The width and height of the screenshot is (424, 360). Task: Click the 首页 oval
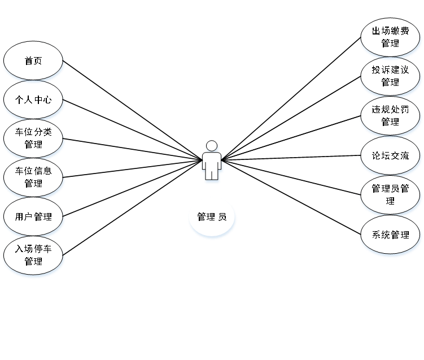(x=33, y=60)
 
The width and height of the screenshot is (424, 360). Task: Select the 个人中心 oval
(x=33, y=99)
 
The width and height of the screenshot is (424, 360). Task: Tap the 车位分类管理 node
(x=33, y=138)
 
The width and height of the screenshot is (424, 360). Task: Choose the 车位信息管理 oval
(x=33, y=177)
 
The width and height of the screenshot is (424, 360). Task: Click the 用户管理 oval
(x=33, y=216)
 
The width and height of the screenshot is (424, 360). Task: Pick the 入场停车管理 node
(x=33, y=255)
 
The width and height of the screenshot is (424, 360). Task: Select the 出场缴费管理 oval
(x=390, y=37)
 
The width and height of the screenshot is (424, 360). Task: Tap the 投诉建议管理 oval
(x=390, y=76)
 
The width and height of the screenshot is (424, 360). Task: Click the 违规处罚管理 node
(x=390, y=115)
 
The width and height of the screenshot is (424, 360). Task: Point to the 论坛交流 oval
(x=390, y=155)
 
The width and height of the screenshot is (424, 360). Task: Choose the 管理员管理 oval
(x=390, y=194)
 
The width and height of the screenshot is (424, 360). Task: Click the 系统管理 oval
(x=390, y=235)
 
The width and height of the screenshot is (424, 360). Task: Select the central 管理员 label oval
(x=212, y=217)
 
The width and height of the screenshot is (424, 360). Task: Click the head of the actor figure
(x=212, y=146)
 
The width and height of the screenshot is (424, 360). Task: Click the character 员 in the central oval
(x=222, y=217)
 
